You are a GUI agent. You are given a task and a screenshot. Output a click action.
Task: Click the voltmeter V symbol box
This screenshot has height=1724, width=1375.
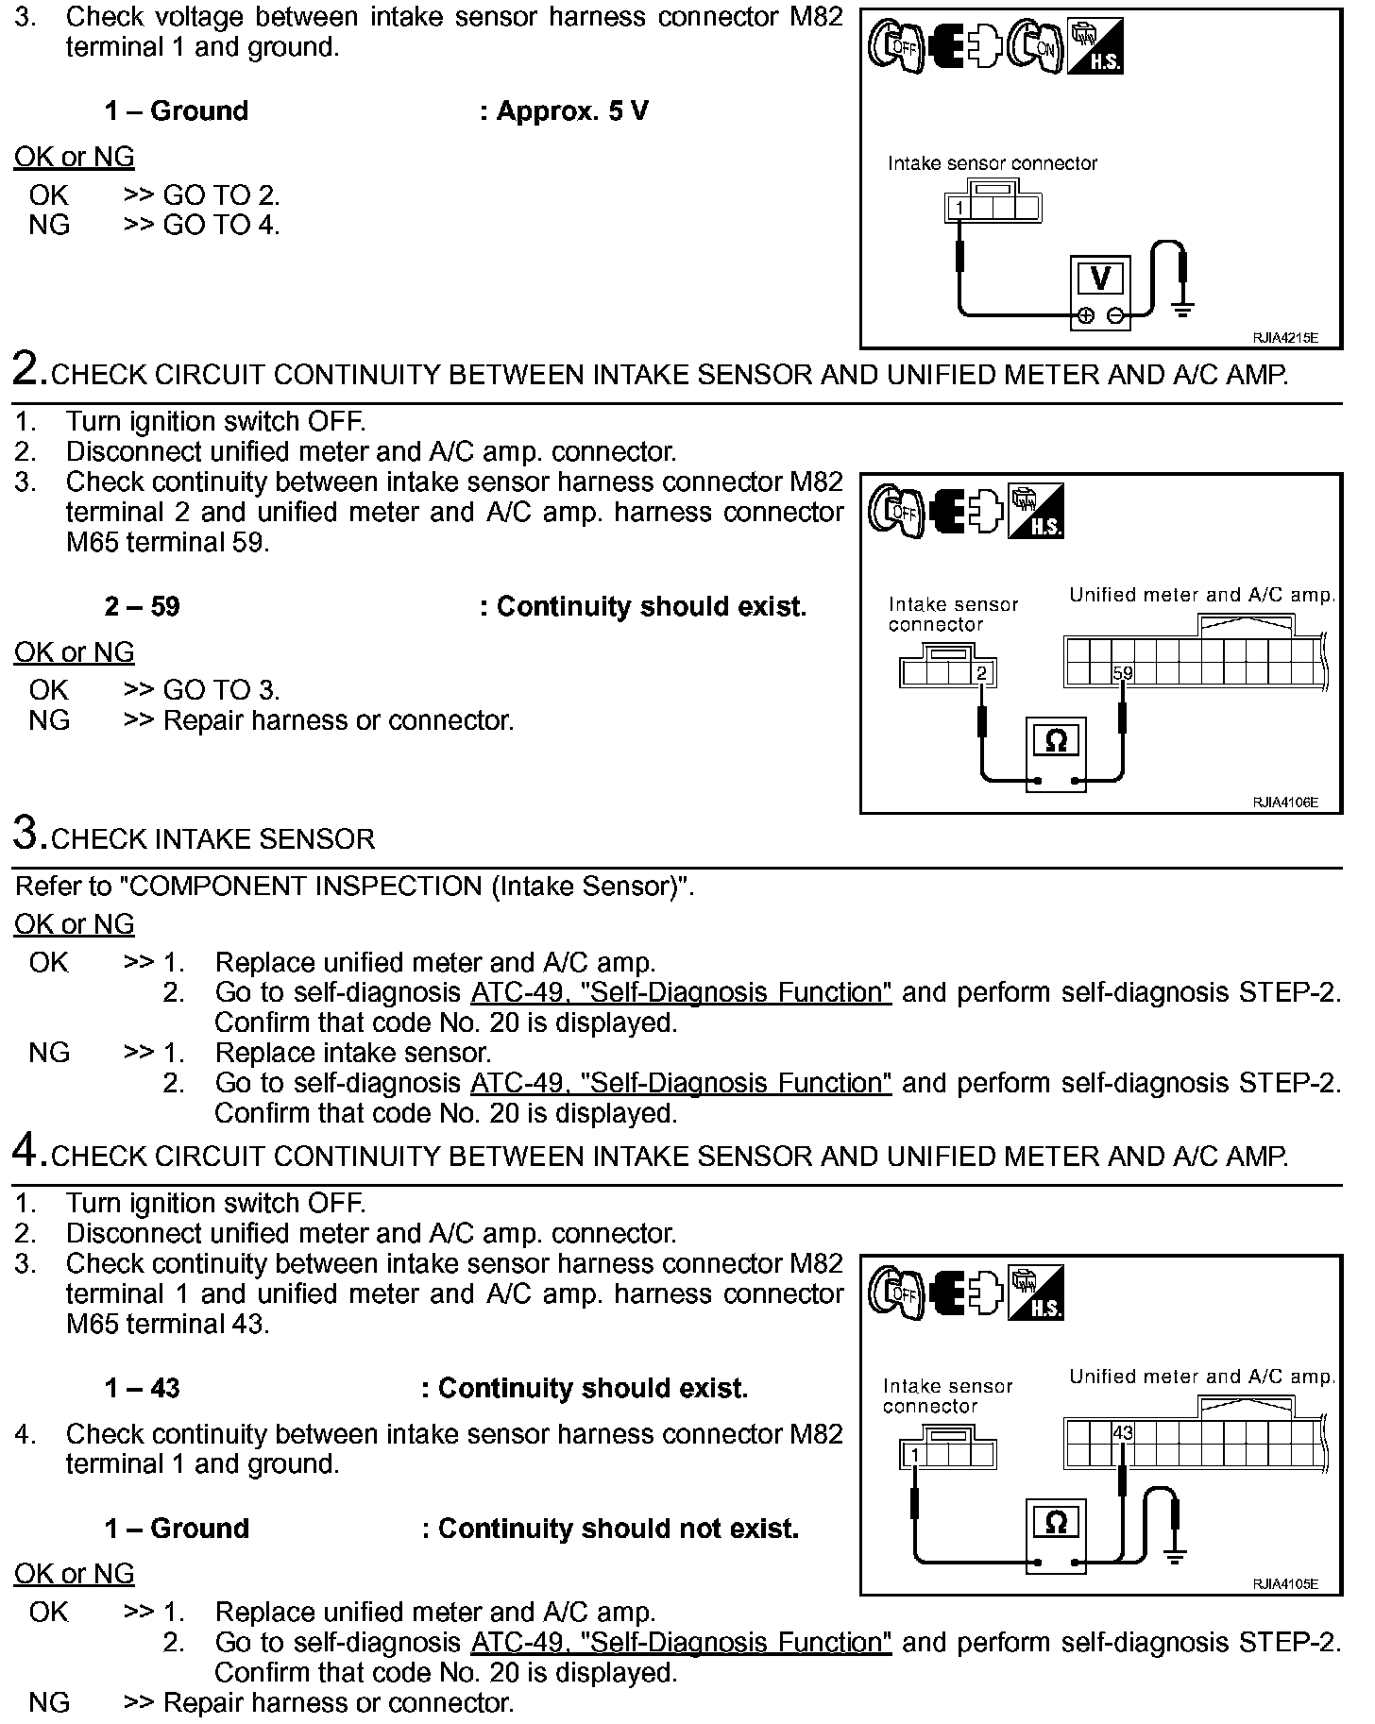pyautogui.click(x=1099, y=279)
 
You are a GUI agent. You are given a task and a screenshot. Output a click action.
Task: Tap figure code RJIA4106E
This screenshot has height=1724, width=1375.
pyautogui.click(x=1284, y=803)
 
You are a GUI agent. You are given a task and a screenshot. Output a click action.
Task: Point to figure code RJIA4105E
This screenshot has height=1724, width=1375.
pyautogui.click(x=1284, y=1584)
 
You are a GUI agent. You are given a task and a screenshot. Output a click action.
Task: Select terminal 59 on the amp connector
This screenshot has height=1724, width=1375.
pyautogui.click(x=1122, y=673)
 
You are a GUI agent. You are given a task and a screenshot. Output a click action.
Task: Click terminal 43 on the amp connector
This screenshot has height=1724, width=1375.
pyautogui.click(x=1122, y=1433)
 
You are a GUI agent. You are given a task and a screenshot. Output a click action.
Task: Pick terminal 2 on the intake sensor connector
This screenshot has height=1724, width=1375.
pyautogui.click(x=982, y=673)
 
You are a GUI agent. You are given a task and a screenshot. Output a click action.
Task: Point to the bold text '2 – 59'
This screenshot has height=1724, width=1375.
pyautogui.click(x=142, y=606)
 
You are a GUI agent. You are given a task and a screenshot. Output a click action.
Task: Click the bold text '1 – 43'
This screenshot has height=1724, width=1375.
pyautogui.click(x=142, y=1388)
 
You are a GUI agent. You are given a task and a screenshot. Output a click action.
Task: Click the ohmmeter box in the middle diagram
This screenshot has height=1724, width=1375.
pyautogui.click(x=1056, y=742)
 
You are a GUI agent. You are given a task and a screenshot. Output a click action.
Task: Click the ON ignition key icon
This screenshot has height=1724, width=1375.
pyautogui.click(x=1035, y=47)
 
